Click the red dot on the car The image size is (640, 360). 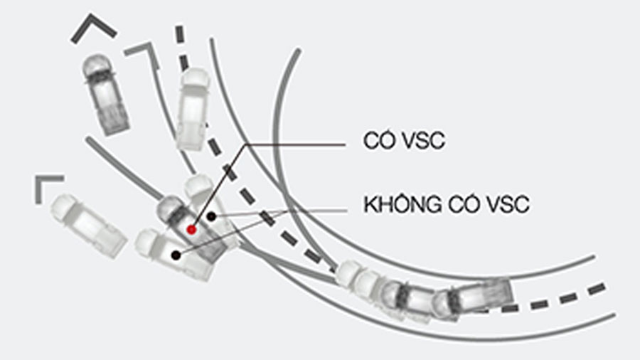pos(191,229)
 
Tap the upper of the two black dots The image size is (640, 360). pos(210,215)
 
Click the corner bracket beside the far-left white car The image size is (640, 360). pos(47,185)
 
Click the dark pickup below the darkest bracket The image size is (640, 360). pos(105,93)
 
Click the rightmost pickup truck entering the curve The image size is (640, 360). pos(476,295)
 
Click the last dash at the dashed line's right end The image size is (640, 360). pos(597,288)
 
